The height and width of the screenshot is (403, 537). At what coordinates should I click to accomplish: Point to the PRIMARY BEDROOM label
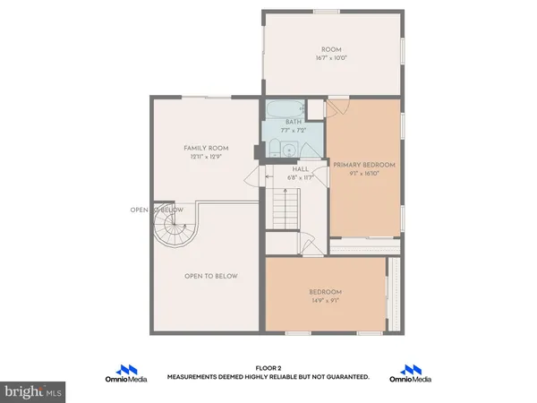[x=364, y=166]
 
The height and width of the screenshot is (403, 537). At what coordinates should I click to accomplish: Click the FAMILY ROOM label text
[x=207, y=148]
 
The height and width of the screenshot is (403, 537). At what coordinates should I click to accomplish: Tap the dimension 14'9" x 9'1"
[x=326, y=301]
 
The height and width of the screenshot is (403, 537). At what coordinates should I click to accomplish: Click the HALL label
[x=300, y=168]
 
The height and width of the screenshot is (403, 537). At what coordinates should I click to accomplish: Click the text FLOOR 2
[x=268, y=368]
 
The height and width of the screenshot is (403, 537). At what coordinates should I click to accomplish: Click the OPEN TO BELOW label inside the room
[x=211, y=276]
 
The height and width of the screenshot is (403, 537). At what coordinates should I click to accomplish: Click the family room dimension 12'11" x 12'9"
[x=207, y=157]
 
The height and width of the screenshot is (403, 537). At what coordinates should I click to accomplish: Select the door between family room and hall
[x=260, y=176]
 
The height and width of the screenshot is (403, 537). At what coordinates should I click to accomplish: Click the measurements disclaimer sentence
[x=268, y=377]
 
